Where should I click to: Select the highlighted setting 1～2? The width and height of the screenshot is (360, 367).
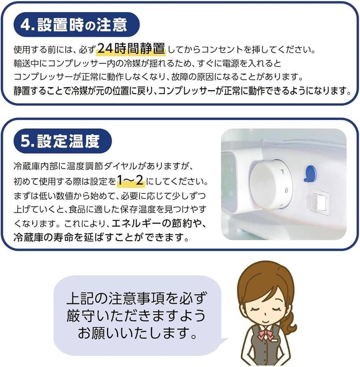pyautogui.click(x=131, y=181)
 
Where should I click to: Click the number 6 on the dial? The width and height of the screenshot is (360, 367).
pyautogui.click(x=286, y=190)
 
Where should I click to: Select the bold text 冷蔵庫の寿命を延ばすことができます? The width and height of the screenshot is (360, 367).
pyautogui.click(x=96, y=238)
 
